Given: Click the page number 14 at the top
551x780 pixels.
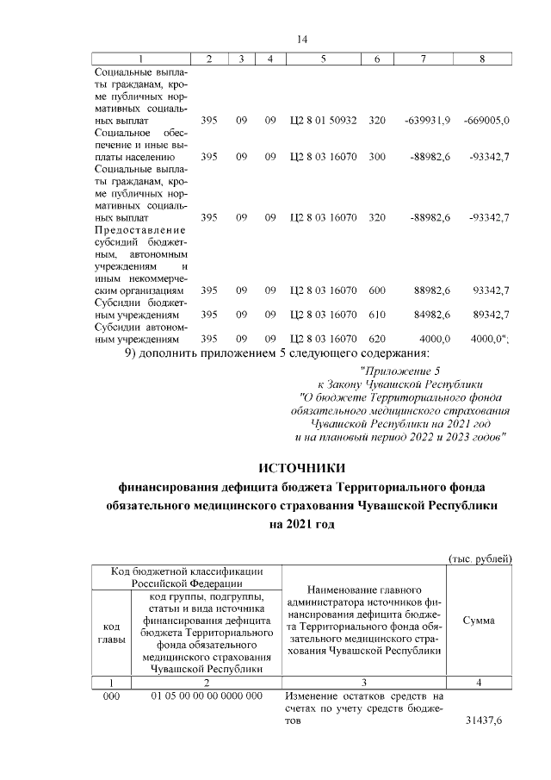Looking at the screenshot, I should pos(301,39).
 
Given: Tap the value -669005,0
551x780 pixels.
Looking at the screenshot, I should pos(486,121).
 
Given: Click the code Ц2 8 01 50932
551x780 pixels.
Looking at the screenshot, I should pos(323,121).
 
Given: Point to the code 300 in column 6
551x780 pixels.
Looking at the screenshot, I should pos(376,158).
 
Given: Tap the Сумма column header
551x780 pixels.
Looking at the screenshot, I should pos(478,620).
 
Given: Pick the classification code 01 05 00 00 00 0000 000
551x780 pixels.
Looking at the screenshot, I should pos(206,696).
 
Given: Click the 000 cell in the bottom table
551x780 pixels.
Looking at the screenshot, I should pos(111,696).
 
